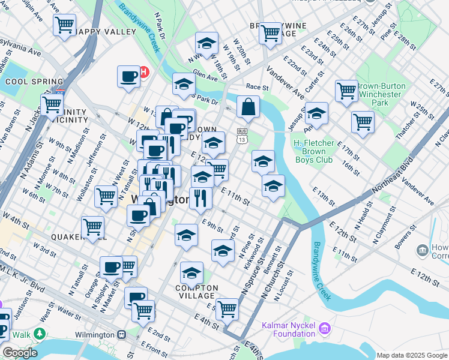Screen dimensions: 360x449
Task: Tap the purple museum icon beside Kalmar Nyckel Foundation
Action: pyautogui.click(x=325, y=328)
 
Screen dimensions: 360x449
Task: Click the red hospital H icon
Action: pyautogui.click(x=143, y=73)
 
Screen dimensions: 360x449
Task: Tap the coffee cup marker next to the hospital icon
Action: pyautogui.click(x=128, y=76)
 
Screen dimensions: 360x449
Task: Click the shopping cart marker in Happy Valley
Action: pyautogui.click(x=64, y=25)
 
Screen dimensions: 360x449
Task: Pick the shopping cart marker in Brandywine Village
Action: pyautogui.click(x=270, y=31)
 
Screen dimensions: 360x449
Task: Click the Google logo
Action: pyautogui.click(x=19, y=353)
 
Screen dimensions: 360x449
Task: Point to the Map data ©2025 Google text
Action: pyautogui.click(x=411, y=355)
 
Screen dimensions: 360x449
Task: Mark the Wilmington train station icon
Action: pyautogui.click(x=122, y=334)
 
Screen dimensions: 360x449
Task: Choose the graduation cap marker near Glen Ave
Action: pyautogui.click(x=184, y=84)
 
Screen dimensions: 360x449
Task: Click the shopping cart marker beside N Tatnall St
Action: pyautogui.click(x=106, y=195)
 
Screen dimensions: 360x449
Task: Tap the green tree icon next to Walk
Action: pyautogui.click(x=40, y=332)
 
